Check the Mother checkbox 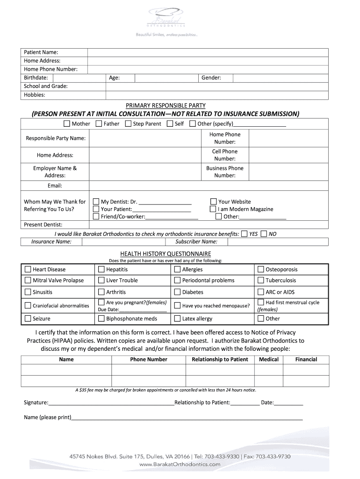click(67, 124)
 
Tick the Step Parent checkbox click(128, 124)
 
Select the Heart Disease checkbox click(28, 269)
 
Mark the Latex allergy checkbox click(177, 319)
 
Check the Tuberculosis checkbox click(261, 280)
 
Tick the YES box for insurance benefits click(244, 233)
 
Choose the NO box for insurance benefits click(264, 233)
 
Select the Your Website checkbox click(214, 202)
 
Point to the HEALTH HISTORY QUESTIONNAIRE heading click(166, 254)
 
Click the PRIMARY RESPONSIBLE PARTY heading click(166, 105)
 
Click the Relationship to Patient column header click(220, 359)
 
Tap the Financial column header click(306, 359)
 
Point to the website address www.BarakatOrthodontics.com click(180, 464)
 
